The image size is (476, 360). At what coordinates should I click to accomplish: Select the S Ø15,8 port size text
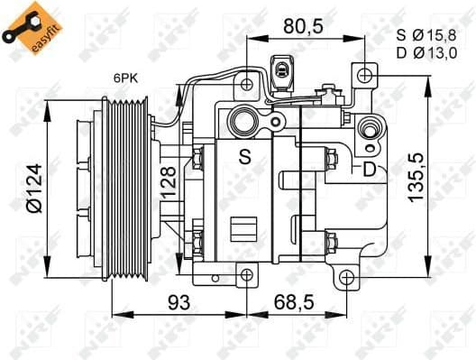(x=427, y=35)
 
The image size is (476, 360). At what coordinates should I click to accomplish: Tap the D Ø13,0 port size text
(x=427, y=51)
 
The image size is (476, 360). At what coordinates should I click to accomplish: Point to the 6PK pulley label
(x=125, y=78)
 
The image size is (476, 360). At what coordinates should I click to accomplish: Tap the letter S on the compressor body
(x=244, y=156)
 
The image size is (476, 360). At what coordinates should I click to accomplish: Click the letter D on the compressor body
(x=369, y=169)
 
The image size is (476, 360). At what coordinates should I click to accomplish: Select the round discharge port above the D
(x=369, y=134)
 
